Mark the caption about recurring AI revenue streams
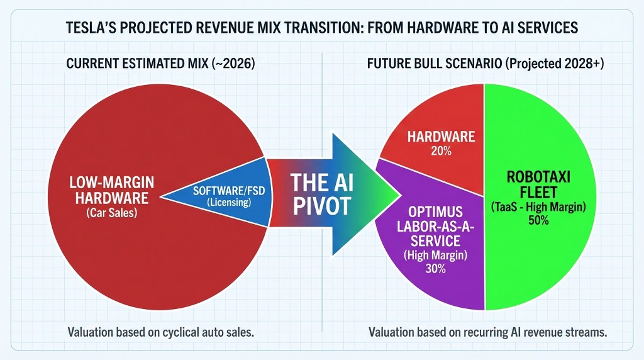[x=487, y=332]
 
